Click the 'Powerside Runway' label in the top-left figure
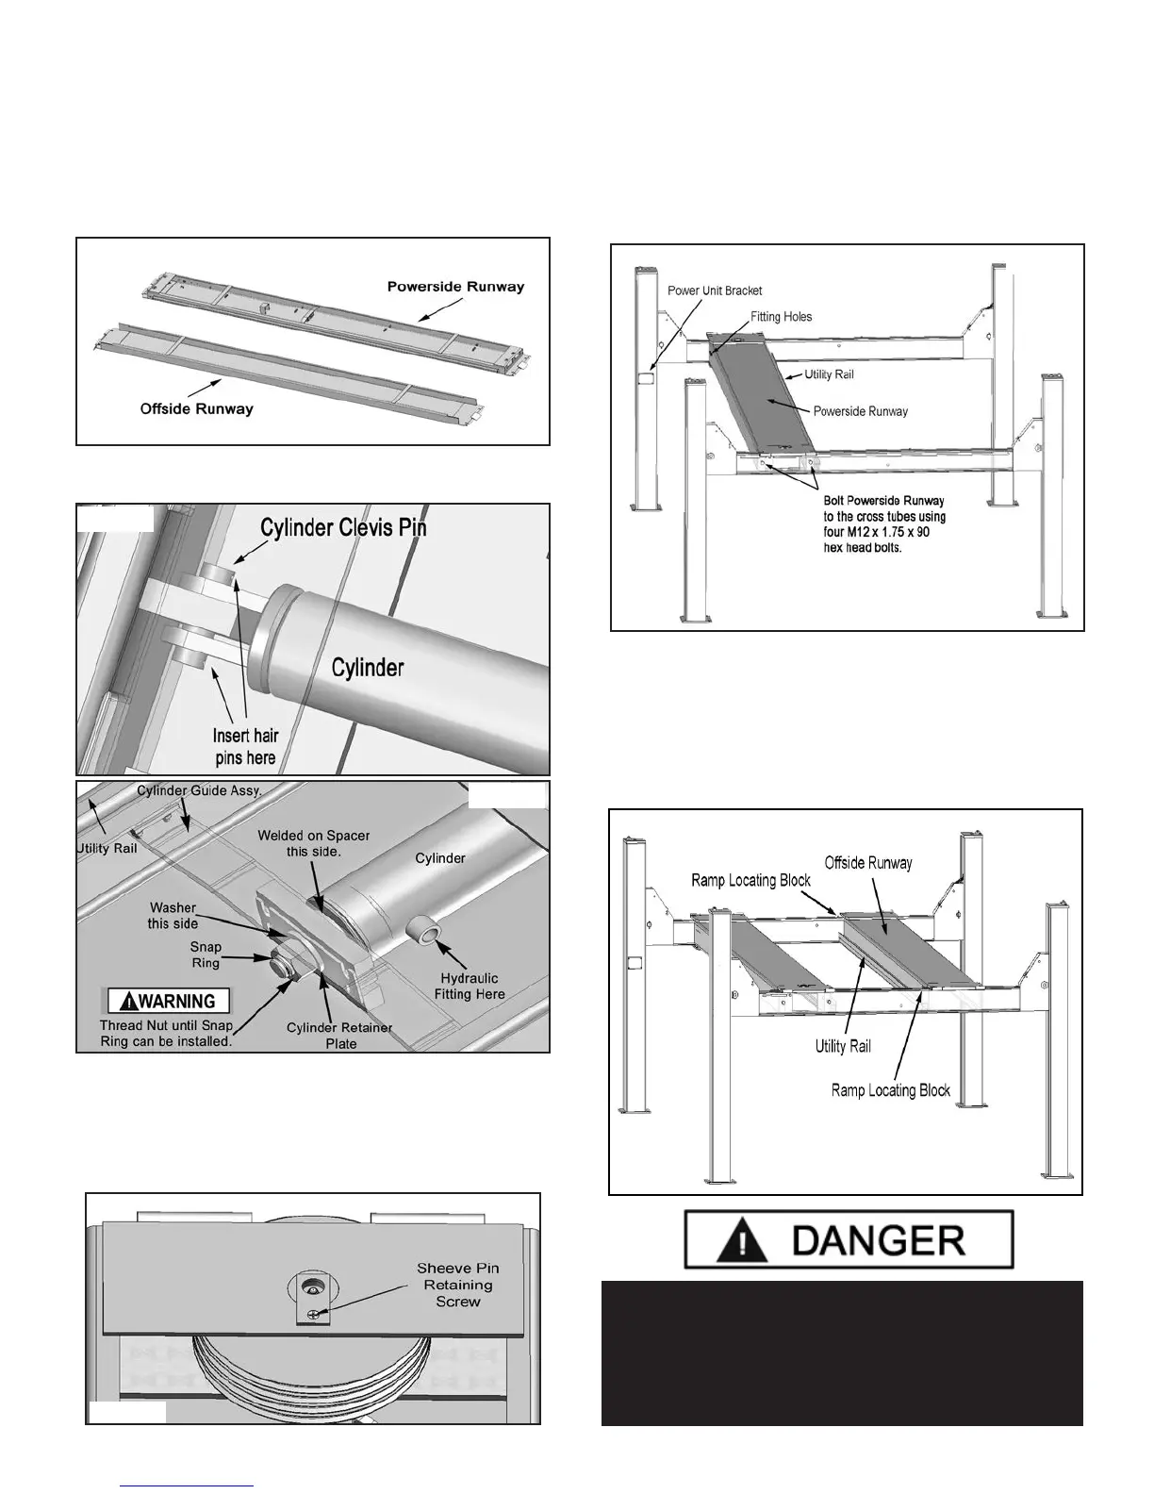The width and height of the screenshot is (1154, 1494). [455, 286]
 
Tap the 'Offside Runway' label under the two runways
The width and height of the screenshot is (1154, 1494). [196, 409]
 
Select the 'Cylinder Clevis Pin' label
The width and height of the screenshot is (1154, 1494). [343, 527]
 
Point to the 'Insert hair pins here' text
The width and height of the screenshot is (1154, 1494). [245, 746]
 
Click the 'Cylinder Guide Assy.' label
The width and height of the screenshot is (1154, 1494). [199, 790]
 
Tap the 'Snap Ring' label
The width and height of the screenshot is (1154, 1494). [206, 954]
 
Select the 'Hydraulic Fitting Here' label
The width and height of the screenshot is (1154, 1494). [470, 986]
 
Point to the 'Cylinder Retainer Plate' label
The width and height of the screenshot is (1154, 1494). [340, 1036]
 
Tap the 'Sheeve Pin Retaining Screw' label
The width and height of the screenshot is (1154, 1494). [458, 1285]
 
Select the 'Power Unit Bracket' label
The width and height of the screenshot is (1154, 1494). [715, 290]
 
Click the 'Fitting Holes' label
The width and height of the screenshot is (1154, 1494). [781, 317]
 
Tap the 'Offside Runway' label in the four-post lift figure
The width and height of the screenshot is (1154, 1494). [868, 862]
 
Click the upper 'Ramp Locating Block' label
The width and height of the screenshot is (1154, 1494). [750, 880]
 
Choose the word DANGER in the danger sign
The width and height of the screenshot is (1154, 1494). [879, 1238]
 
